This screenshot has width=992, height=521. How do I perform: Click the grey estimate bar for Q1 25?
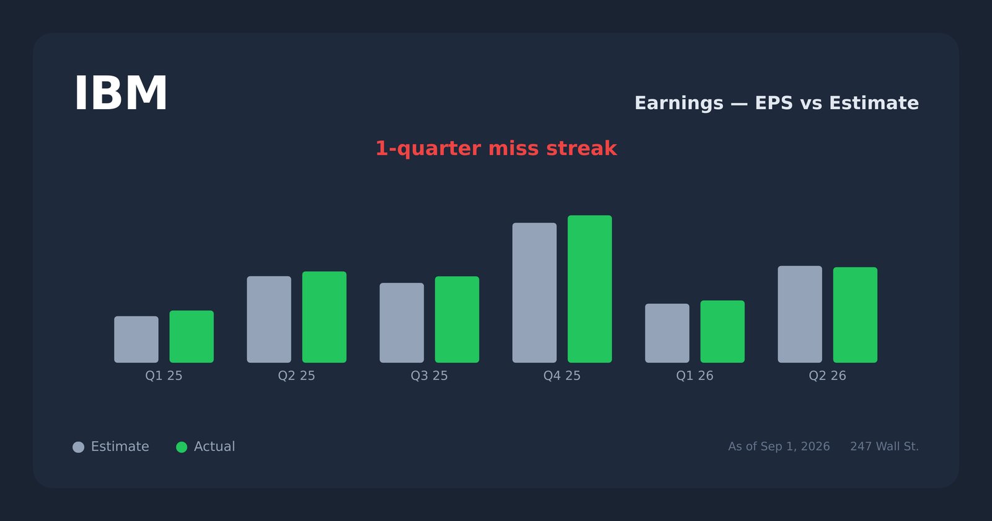[x=136, y=339]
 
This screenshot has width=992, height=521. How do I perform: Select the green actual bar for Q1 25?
[x=192, y=337]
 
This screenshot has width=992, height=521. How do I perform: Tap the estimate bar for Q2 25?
[x=269, y=319]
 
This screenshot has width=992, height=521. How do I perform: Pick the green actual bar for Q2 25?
[x=325, y=317]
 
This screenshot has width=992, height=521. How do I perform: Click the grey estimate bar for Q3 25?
[x=402, y=323]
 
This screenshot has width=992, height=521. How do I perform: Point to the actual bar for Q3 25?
[x=457, y=319]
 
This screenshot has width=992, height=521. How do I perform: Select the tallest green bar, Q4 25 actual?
[x=590, y=289]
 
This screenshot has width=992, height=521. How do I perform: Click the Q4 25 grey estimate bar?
[x=534, y=293]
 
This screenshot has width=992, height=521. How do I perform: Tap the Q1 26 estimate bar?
[x=667, y=333]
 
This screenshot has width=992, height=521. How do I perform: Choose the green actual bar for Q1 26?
[x=723, y=332]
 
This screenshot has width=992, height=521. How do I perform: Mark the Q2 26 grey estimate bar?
[x=800, y=314]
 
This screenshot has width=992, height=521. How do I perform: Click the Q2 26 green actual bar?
[x=855, y=315]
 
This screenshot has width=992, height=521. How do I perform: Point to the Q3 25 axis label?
[x=429, y=376]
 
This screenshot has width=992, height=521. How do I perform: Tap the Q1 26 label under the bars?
[x=695, y=376]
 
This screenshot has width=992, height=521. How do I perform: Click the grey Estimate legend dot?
[x=78, y=447]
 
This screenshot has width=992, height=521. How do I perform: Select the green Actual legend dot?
[x=182, y=447]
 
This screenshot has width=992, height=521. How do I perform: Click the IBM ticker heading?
[x=120, y=94]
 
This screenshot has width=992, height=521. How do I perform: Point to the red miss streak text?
[x=496, y=148]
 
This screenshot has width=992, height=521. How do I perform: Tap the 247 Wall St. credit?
[x=884, y=447]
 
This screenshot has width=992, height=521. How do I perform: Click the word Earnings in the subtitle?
[x=679, y=103]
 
